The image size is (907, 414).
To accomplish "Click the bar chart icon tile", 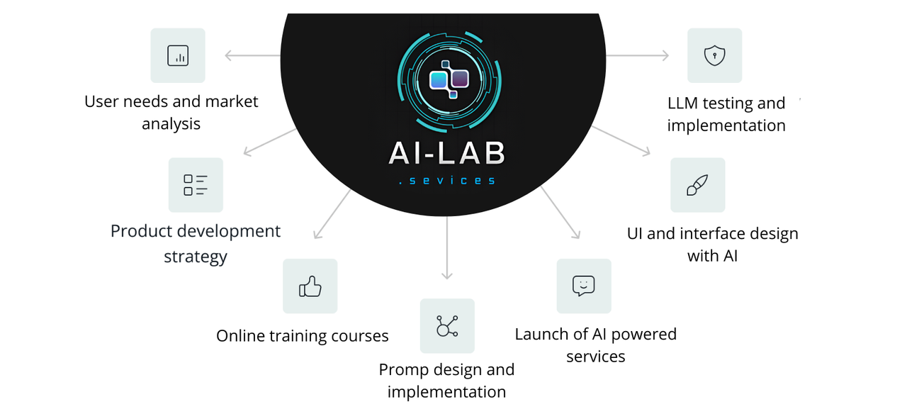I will click(178, 55).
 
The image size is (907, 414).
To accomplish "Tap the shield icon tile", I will click(714, 55).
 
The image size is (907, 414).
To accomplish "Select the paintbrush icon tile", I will click(697, 185).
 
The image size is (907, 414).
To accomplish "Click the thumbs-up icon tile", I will click(310, 286).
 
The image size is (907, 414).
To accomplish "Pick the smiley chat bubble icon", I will click(583, 286).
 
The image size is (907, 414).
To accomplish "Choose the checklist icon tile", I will click(196, 185).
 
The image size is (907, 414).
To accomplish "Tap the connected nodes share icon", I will click(447, 326).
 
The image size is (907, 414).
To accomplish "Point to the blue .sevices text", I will click(447, 181).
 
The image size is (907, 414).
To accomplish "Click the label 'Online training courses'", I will click(303, 336).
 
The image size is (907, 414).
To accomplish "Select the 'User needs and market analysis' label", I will click(171, 113).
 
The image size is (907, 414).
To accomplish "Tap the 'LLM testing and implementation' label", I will click(726, 115).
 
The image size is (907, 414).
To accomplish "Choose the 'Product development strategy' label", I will click(196, 243).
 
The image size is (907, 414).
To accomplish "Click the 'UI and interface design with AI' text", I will click(713, 245).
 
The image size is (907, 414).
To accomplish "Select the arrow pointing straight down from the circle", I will click(447, 248).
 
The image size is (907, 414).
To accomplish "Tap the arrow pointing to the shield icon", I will click(638, 55).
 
